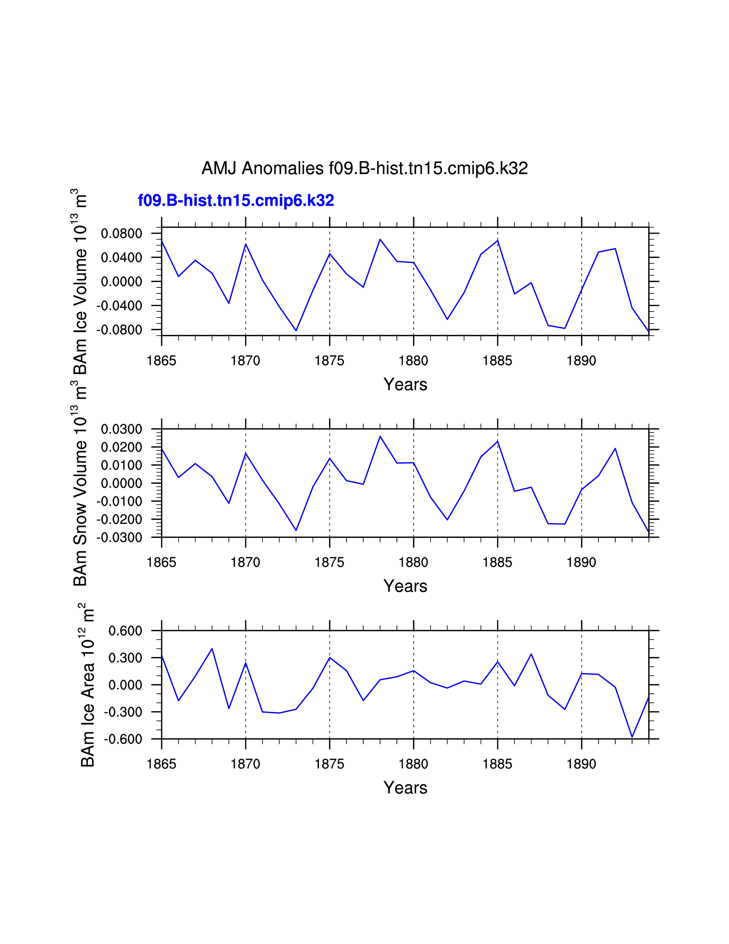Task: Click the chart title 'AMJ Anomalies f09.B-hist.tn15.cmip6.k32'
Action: pyautogui.click(x=364, y=168)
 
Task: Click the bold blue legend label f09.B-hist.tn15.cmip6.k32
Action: pyautogui.click(x=236, y=201)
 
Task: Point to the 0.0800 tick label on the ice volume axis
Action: pyautogui.click(x=121, y=234)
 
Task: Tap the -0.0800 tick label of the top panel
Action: pyautogui.click(x=119, y=330)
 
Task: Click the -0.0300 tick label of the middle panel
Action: pyautogui.click(x=119, y=538)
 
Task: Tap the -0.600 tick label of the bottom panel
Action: pyautogui.click(x=123, y=739)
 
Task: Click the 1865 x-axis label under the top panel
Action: pyautogui.click(x=162, y=361)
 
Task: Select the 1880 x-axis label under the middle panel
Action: pyautogui.click(x=413, y=563)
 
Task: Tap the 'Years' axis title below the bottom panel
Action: pyautogui.click(x=405, y=788)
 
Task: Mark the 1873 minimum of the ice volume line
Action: pyautogui.click(x=296, y=331)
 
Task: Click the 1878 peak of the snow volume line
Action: pyautogui.click(x=380, y=436)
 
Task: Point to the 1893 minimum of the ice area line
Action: pyautogui.click(x=632, y=737)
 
